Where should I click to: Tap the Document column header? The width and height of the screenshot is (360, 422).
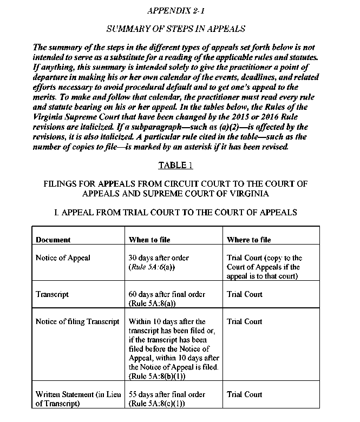[x=53, y=239]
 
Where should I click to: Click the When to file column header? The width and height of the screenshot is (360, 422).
[x=151, y=239]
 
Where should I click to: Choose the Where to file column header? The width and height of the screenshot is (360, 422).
[x=248, y=239]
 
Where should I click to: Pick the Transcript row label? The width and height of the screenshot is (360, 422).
[x=52, y=294]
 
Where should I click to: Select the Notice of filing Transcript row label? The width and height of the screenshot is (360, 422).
[x=77, y=321]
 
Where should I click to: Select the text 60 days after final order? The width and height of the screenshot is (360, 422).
[x=167, y=294]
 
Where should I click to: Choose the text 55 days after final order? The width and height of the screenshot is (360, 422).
[x=167, y=394]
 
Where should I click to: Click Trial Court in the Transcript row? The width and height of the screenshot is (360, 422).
[x=245, y=294]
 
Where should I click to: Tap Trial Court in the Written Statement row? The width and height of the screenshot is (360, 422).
[x=245, y=394]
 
